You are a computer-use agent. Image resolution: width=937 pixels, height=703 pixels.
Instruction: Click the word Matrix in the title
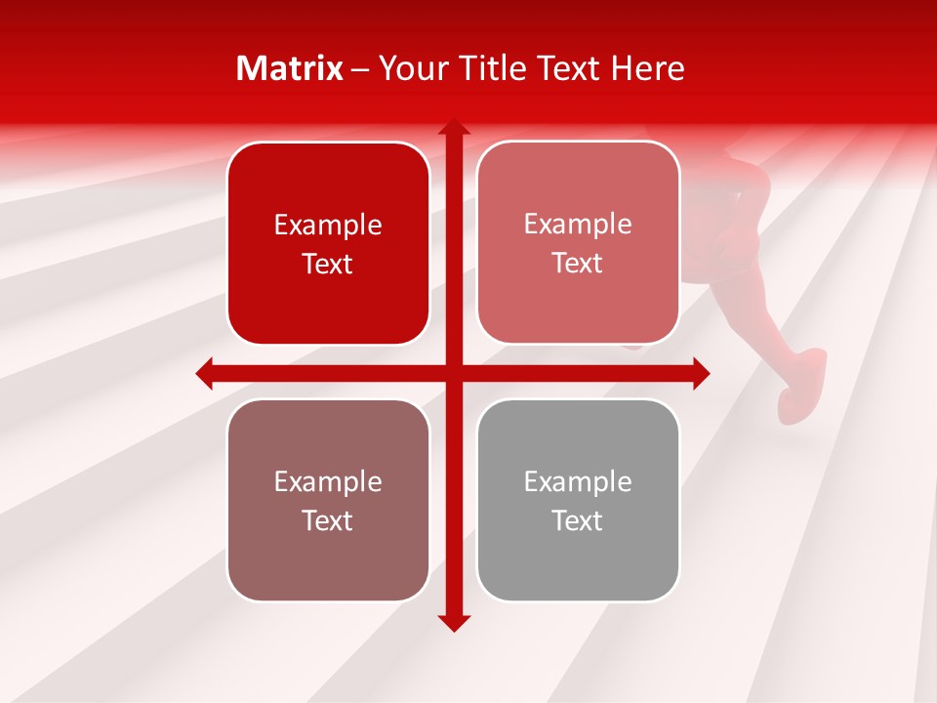point(289,68)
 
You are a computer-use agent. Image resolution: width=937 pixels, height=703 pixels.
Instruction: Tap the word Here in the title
point(647,68)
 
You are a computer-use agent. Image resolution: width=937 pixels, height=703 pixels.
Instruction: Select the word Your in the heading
point(412,68)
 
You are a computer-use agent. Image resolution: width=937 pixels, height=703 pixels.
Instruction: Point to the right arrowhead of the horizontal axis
point(701,373)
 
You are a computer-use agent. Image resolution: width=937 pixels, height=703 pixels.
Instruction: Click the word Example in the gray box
point(578,481)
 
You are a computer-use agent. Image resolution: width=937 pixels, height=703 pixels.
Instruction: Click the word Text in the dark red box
point(328,265)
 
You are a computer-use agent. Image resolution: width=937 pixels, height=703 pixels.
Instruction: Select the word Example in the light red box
point(578,225)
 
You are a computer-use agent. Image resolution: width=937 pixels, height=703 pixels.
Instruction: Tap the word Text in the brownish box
point(328,521)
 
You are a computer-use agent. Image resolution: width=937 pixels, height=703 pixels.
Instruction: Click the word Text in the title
point(566,68)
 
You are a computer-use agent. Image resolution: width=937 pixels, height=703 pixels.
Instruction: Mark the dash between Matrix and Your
point(360,69)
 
